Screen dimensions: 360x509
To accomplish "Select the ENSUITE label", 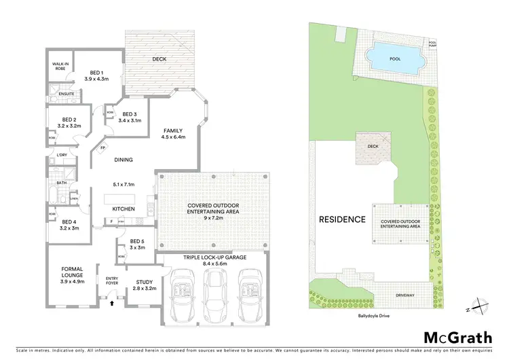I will (x=57, y=93).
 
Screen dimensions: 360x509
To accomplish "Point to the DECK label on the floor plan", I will (x=159, y=59).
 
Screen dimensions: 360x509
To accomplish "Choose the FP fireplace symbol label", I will (x=103, y=147).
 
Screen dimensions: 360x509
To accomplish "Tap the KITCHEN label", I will (x=123, y=209).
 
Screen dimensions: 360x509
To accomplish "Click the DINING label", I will (x=123, y=160).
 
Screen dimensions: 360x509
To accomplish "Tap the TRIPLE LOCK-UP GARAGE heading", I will (x=213, y=258).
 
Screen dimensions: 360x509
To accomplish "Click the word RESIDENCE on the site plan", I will (x=343, y=219).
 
